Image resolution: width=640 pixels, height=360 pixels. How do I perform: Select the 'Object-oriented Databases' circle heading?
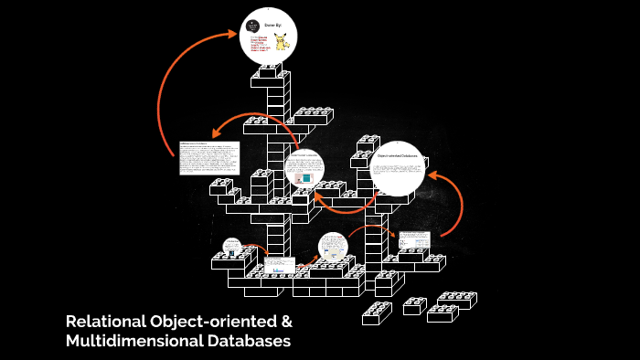(x=398, y=156)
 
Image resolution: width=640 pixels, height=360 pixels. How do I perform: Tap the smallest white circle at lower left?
(x=232, y=247)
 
